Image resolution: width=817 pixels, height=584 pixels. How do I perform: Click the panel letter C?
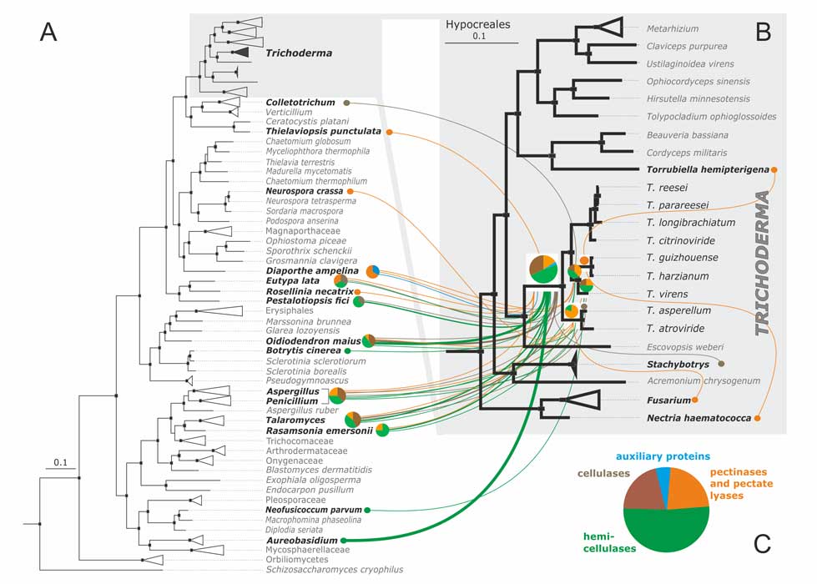click(761, 545)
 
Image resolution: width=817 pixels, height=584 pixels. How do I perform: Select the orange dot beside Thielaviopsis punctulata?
click(390, 132)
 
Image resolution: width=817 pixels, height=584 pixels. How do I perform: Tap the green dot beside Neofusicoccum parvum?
click(367, 509)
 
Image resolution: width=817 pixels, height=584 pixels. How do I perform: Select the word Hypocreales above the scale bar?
click(477, 25)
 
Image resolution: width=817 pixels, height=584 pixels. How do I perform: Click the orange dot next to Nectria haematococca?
click(758, 417)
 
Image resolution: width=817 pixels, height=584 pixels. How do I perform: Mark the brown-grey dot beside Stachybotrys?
click(721, 364)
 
